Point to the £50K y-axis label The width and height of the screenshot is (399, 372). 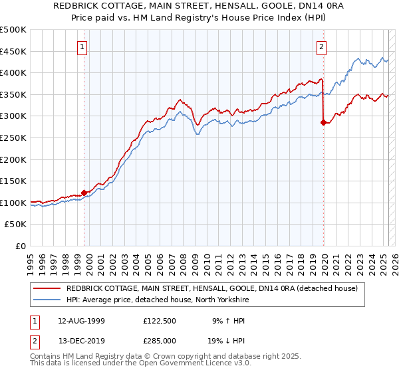16,225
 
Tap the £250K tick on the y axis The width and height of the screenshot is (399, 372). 13,138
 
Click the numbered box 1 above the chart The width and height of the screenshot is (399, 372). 82,46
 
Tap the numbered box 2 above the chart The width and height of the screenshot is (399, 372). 321,46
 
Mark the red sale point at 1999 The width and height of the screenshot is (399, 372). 84,193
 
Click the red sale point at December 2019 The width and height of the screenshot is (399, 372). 324,123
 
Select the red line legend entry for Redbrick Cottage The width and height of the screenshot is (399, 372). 212,288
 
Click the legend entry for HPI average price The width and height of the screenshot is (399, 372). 157,300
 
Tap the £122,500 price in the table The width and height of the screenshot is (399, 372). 160,320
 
